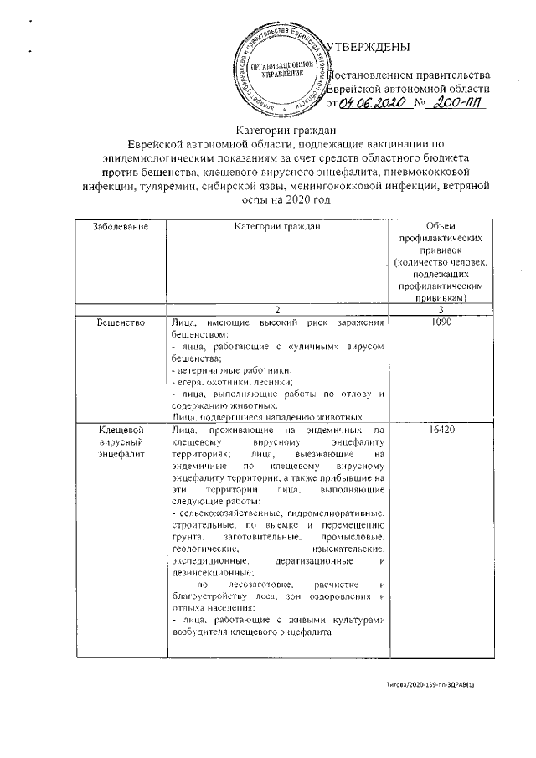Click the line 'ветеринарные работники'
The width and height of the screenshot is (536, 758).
(230, 369)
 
